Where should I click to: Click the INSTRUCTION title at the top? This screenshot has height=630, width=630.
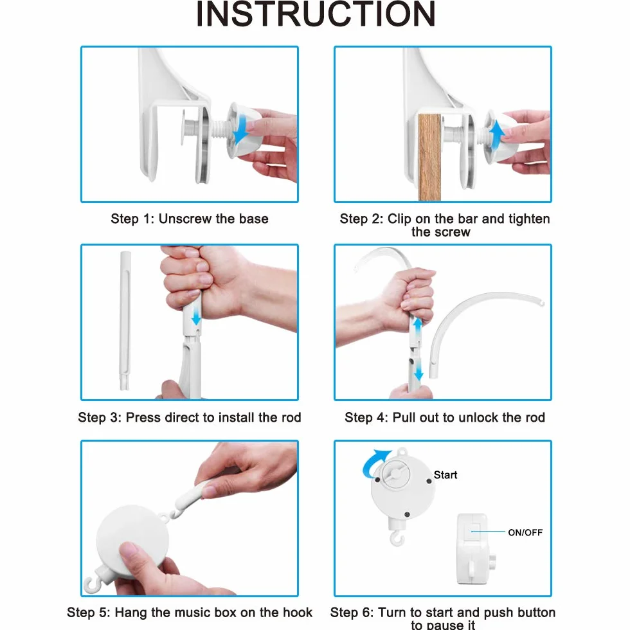[x=316, y=14]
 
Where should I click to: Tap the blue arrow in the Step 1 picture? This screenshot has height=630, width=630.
[x=241, y=129]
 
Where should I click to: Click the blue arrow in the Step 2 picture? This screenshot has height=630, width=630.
[x=496, y=136]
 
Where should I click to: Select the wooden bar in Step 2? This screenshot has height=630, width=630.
[x=429, y=157]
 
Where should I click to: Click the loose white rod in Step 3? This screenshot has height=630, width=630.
[x=125, y=320]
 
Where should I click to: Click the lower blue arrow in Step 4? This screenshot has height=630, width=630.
[x=419, y=367]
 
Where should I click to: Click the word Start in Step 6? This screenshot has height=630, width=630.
[x=445, y=475]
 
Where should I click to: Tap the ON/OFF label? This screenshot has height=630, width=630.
[x=525, y=532]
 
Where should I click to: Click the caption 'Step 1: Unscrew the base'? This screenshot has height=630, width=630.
[x=189, y=219]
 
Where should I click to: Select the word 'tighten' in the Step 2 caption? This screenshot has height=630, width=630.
[x=528, y=219]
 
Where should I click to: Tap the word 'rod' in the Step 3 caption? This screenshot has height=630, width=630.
[x=291, y=417]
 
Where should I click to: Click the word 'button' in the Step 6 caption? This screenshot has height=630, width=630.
[x=534, y=612]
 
